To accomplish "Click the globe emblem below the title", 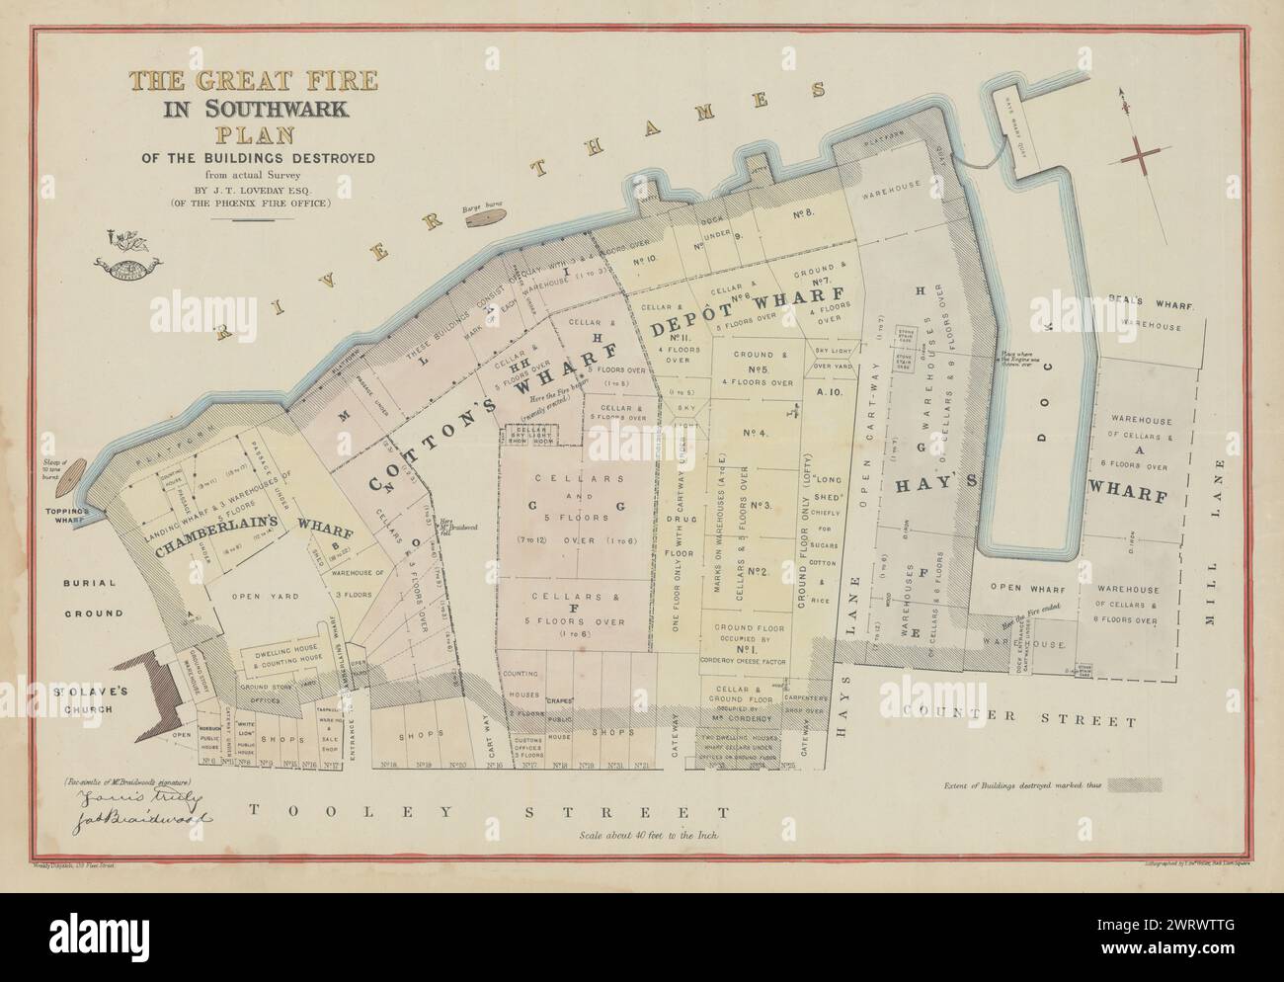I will click(123, 265).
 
